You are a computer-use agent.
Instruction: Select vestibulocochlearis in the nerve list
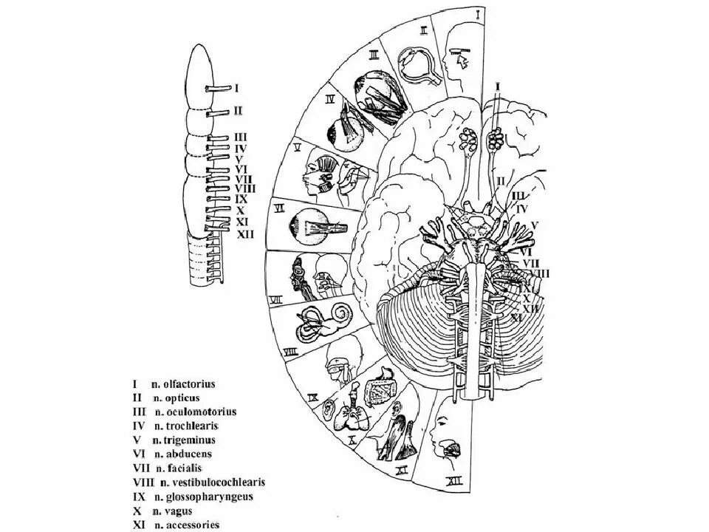(x=218, y=482)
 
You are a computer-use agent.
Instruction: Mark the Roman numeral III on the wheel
(x=374, y=54)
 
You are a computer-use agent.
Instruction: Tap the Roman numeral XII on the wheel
(x=455, y=484)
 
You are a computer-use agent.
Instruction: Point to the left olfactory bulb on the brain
(x=468, y=138)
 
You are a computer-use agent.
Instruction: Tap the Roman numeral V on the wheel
(x=296, y=147)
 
